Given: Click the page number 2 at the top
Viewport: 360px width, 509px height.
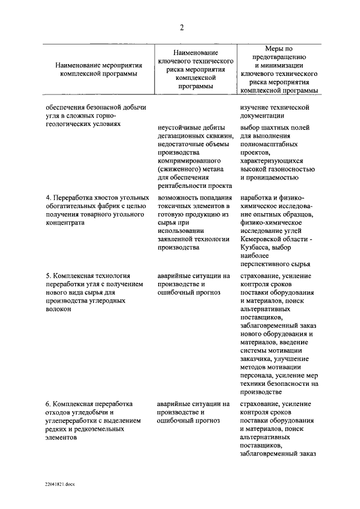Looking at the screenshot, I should [x=182, y=28].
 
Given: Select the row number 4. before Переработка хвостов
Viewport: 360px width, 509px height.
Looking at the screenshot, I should [x=48, y=197].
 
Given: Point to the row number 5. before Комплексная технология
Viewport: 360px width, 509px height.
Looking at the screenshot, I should [x=48, y=276].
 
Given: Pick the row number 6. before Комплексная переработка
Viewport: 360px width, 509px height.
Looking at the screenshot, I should [x=48, y=403].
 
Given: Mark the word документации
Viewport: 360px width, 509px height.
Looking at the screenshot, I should [x=262, y=115].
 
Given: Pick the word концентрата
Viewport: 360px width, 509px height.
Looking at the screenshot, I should [x=65, y=222].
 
